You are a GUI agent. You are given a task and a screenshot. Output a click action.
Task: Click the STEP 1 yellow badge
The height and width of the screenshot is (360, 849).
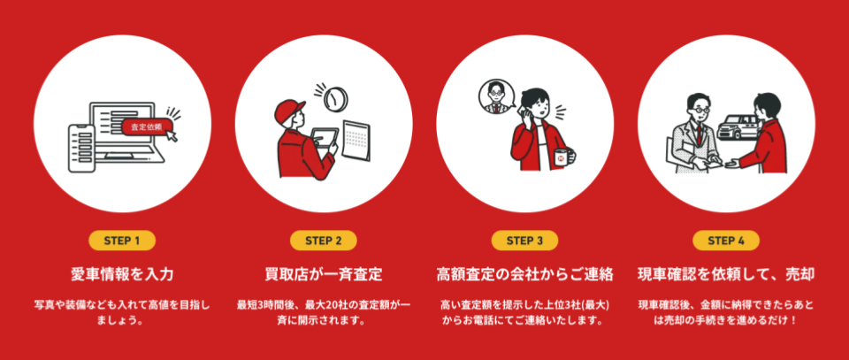coord(122,241)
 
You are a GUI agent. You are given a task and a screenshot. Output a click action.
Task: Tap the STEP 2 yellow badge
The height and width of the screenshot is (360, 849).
coord(324,241)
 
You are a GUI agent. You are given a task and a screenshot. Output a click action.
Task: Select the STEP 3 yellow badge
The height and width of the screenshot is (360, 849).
coord(524,241)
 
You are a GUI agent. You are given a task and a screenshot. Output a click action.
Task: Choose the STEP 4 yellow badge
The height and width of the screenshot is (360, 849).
coord(726,241)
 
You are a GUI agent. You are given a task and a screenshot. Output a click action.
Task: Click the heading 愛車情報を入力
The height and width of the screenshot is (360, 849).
coord(122,274)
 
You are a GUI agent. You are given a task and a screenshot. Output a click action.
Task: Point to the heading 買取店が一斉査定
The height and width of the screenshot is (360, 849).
coord(324,274)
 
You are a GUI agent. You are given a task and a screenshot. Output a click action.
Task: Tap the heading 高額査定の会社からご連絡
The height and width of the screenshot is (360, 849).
coord(524,274)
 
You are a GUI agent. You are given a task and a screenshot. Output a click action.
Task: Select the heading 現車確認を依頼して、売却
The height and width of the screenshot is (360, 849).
coord(726,274)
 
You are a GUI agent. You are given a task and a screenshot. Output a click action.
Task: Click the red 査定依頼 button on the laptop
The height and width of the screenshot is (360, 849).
coord(148,127)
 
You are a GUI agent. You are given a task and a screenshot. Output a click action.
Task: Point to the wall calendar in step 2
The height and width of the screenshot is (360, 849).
coord(356,141)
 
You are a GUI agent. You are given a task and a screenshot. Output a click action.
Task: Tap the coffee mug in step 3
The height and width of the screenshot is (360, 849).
coord(563,157)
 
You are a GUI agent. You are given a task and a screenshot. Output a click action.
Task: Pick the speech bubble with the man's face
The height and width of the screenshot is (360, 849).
coord(495,97)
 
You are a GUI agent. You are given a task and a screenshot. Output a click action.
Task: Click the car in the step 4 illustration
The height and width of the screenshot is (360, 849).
coord(738,127)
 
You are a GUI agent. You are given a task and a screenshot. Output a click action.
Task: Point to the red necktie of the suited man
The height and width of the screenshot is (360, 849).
coord(699,134)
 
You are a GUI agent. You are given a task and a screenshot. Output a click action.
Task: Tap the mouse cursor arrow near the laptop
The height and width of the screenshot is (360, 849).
coord(172,136)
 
